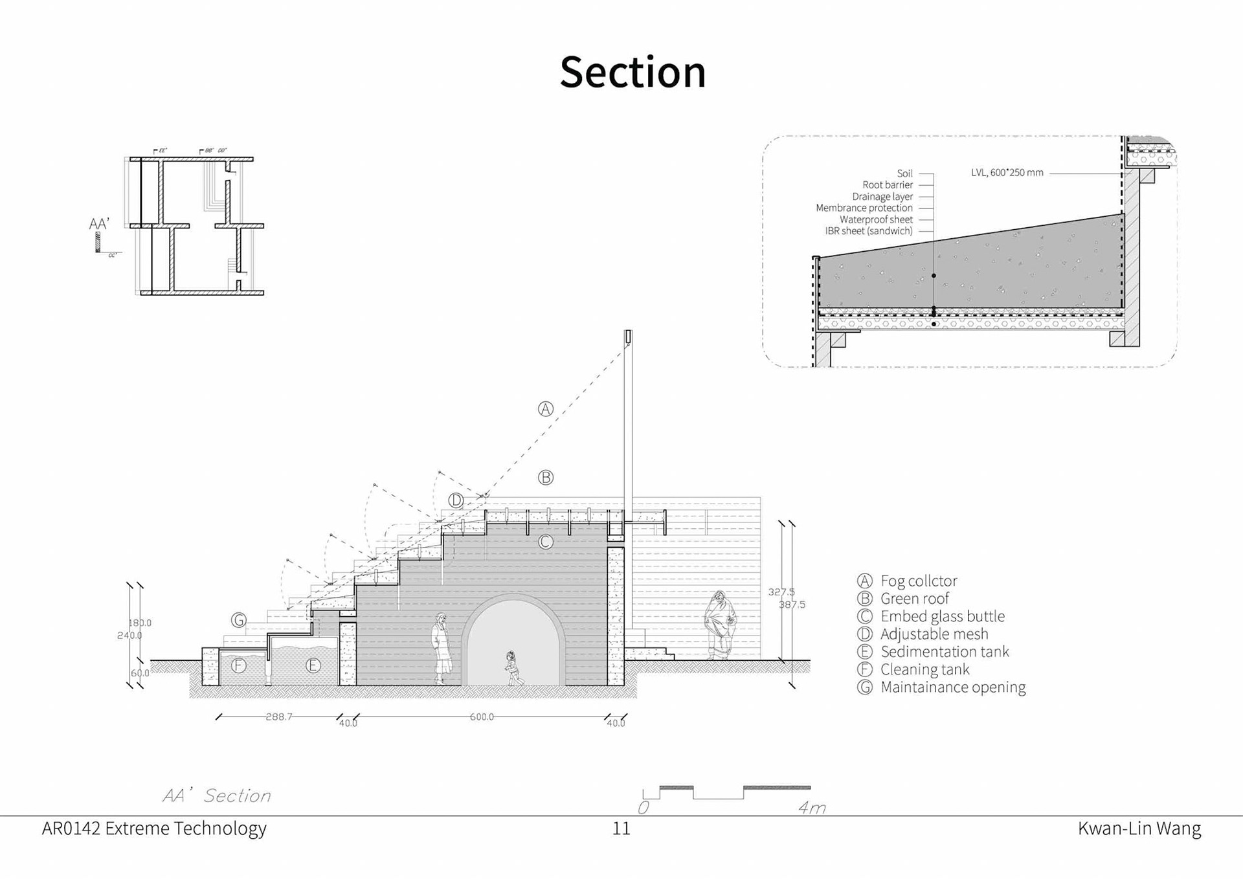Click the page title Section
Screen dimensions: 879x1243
pyautogui.click(x=633, y=72)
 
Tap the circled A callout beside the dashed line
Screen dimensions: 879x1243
pyautogui.click(x=546, y=409)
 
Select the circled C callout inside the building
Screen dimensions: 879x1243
pyautogui.click(x=546, y=542)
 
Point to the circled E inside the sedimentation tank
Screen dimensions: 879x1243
pyautogui.click(x=313, y=665)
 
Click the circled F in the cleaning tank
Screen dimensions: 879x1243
pyautogui.click(x=239, y=665)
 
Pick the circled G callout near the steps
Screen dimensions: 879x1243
pyautogui.click(x=239, y=620)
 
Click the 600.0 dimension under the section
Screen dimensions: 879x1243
pyautogui.click(x=482, y=717)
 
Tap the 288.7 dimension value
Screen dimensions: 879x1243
pyautogui.click(x=279, y=717)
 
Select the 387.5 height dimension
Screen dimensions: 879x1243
pyautogui.click(x=792, y=605)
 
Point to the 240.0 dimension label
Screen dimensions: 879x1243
pyautogui.click(x=129, y=635)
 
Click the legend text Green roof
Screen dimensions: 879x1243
pyautogui.click(x=914, y=599)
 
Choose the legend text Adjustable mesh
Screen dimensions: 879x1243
pyautogui.click(x=934, y=634)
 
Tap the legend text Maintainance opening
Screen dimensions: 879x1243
pyautogui.click(x=952, y=687)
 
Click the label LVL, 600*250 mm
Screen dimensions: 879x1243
pyautogui.click(x=1007, y=173)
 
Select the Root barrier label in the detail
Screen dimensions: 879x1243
pyautogui.click(x=887, y=185)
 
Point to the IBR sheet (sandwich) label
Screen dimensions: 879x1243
pyautogui.click(x=868, y=231)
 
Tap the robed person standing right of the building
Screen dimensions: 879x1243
pyautogui.click(x=720, y=625)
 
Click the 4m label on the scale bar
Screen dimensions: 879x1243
pyautogui.click(x=811, y=808)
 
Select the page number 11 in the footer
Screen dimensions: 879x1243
pyautogui.click(x=621, y=829)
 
